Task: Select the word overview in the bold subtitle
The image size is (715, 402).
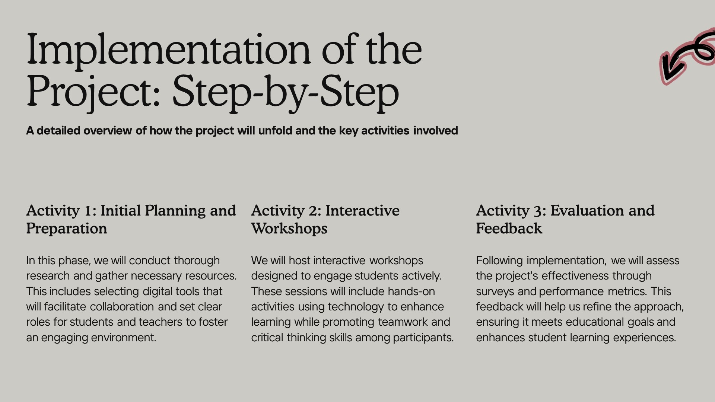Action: [108, 131]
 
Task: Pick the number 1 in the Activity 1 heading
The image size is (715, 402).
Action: [88, 211]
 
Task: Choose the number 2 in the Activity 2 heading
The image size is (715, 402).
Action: [313, 211]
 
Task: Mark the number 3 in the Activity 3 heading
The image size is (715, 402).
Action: [537, 211]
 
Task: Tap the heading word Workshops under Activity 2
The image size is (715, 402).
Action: [289, 229]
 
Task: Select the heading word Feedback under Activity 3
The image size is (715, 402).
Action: [509, 229]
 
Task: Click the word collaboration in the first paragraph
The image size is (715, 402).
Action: [122, 307]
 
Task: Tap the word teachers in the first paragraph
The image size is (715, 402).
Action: [161, 322]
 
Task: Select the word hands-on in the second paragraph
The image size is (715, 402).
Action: [411, 291]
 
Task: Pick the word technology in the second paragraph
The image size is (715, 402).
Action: [356, 307]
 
